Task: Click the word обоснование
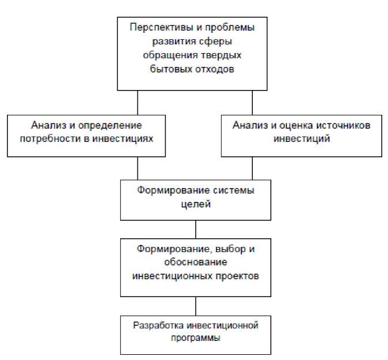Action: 195,262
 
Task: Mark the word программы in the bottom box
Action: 195,339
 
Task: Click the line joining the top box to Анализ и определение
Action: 137,102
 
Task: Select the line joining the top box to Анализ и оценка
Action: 252,102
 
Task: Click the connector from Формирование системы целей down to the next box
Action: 196,228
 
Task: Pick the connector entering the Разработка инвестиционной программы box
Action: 196,305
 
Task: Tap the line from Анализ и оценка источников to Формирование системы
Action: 252,168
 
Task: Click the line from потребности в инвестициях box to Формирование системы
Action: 137,168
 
